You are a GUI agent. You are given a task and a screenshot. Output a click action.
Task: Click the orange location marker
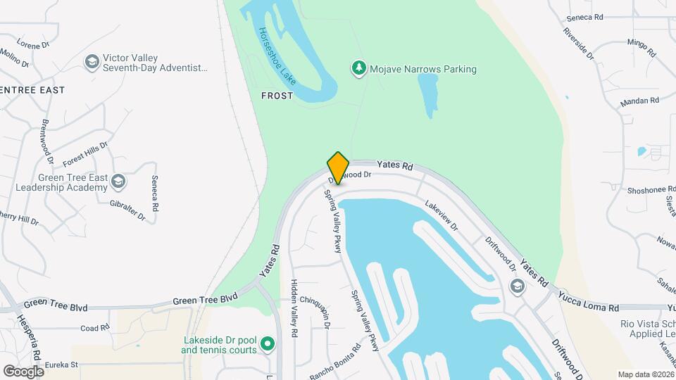click(338, 167)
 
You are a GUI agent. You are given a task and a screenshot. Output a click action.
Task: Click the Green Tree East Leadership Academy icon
click(118, 182)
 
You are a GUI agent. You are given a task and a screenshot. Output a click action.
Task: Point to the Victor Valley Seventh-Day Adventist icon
click(91, 63)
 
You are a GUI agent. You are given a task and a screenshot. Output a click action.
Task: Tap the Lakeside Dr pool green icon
click(267, 343)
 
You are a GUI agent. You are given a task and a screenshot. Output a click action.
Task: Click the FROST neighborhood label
click(277, 96)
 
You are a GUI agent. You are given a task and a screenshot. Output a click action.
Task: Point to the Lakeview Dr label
click(442, 216)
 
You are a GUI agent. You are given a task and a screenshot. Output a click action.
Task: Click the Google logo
click(23, 371)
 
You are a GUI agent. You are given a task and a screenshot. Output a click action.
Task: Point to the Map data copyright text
click(645, 374)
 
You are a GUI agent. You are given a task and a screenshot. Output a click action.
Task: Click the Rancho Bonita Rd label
click(335, 360)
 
